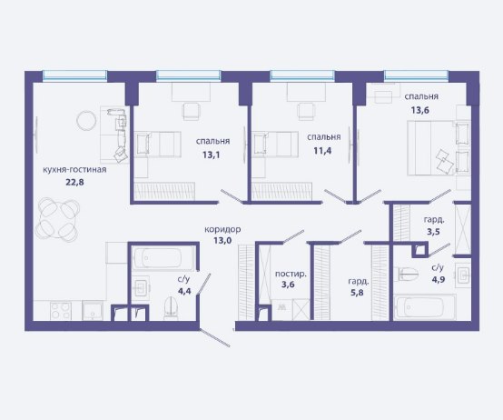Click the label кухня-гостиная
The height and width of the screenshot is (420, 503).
74,169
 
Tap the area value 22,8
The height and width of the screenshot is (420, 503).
74,183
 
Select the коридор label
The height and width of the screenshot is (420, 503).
222,230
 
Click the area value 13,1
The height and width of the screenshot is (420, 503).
212,155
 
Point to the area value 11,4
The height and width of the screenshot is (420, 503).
322,151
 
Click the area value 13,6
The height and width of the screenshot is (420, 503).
420,111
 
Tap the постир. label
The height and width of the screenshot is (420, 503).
291,275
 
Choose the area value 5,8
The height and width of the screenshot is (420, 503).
357,293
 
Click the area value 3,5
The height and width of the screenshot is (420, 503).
433,232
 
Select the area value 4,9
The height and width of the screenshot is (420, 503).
439,279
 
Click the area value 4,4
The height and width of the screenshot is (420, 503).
184,291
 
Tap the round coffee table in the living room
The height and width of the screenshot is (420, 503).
86,120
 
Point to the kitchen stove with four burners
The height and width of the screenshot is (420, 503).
61,311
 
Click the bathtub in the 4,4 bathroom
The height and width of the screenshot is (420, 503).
163,258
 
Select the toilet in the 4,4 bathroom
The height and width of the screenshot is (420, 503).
170,308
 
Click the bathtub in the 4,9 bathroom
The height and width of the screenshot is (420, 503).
425,307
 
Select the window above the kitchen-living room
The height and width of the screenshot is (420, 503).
74,75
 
